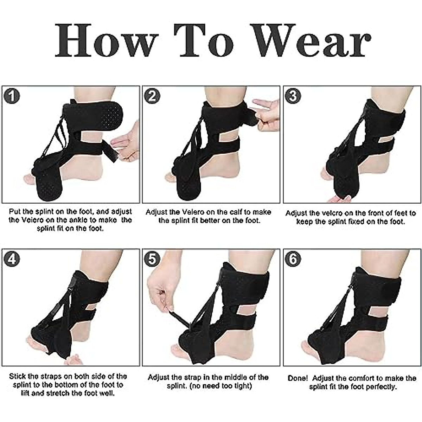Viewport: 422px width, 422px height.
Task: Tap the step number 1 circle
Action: (x=12, y=96)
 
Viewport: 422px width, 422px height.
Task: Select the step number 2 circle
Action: (x=152, y=96)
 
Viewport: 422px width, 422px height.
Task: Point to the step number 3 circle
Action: (x=293, y=96)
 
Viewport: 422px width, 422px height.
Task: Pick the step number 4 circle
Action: (x=12, y=259)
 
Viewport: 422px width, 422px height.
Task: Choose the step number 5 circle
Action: (x=152, y=259)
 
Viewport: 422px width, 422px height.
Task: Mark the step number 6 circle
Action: (x=293, y=259)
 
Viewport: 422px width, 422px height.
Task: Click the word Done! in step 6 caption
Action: (x=298, y=378)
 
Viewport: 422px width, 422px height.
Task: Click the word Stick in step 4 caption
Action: (x=18, y=376)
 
